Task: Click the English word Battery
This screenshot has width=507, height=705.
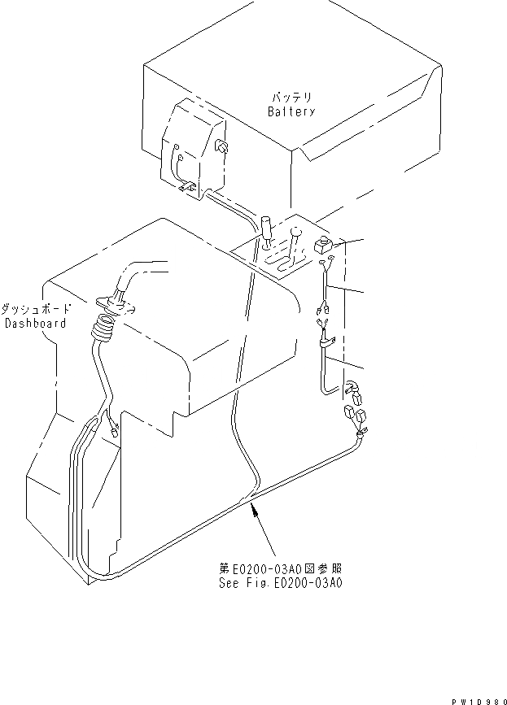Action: (x=291, y=111)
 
